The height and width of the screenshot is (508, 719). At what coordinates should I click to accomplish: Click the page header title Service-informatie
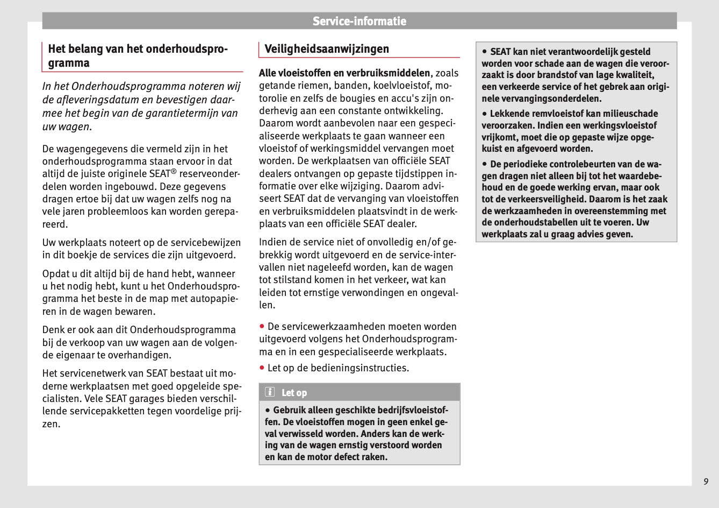click(x=359, y=22)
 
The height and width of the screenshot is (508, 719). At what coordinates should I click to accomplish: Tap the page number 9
click(x=706, y=481)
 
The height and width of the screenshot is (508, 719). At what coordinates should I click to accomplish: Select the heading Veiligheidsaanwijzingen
click(x=326, y=49)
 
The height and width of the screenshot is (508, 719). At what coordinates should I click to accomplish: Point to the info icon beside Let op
click(x=269, y=392)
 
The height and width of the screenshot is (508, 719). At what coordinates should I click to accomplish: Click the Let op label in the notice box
click(x=294, y=393)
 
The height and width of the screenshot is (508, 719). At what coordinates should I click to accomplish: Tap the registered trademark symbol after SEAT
click(x=174, y=172)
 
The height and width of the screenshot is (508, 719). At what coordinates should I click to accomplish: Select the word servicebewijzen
click(x=206, y=243)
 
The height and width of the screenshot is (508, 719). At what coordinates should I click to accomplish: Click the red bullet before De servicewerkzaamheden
click(x=262, y=326)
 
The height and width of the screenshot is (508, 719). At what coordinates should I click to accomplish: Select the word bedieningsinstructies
click(x=352, y=368)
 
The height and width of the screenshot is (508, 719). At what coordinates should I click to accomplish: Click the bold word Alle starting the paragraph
click(x=268, y=73)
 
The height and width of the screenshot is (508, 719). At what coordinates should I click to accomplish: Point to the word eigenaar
click(x=73, y=355)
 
